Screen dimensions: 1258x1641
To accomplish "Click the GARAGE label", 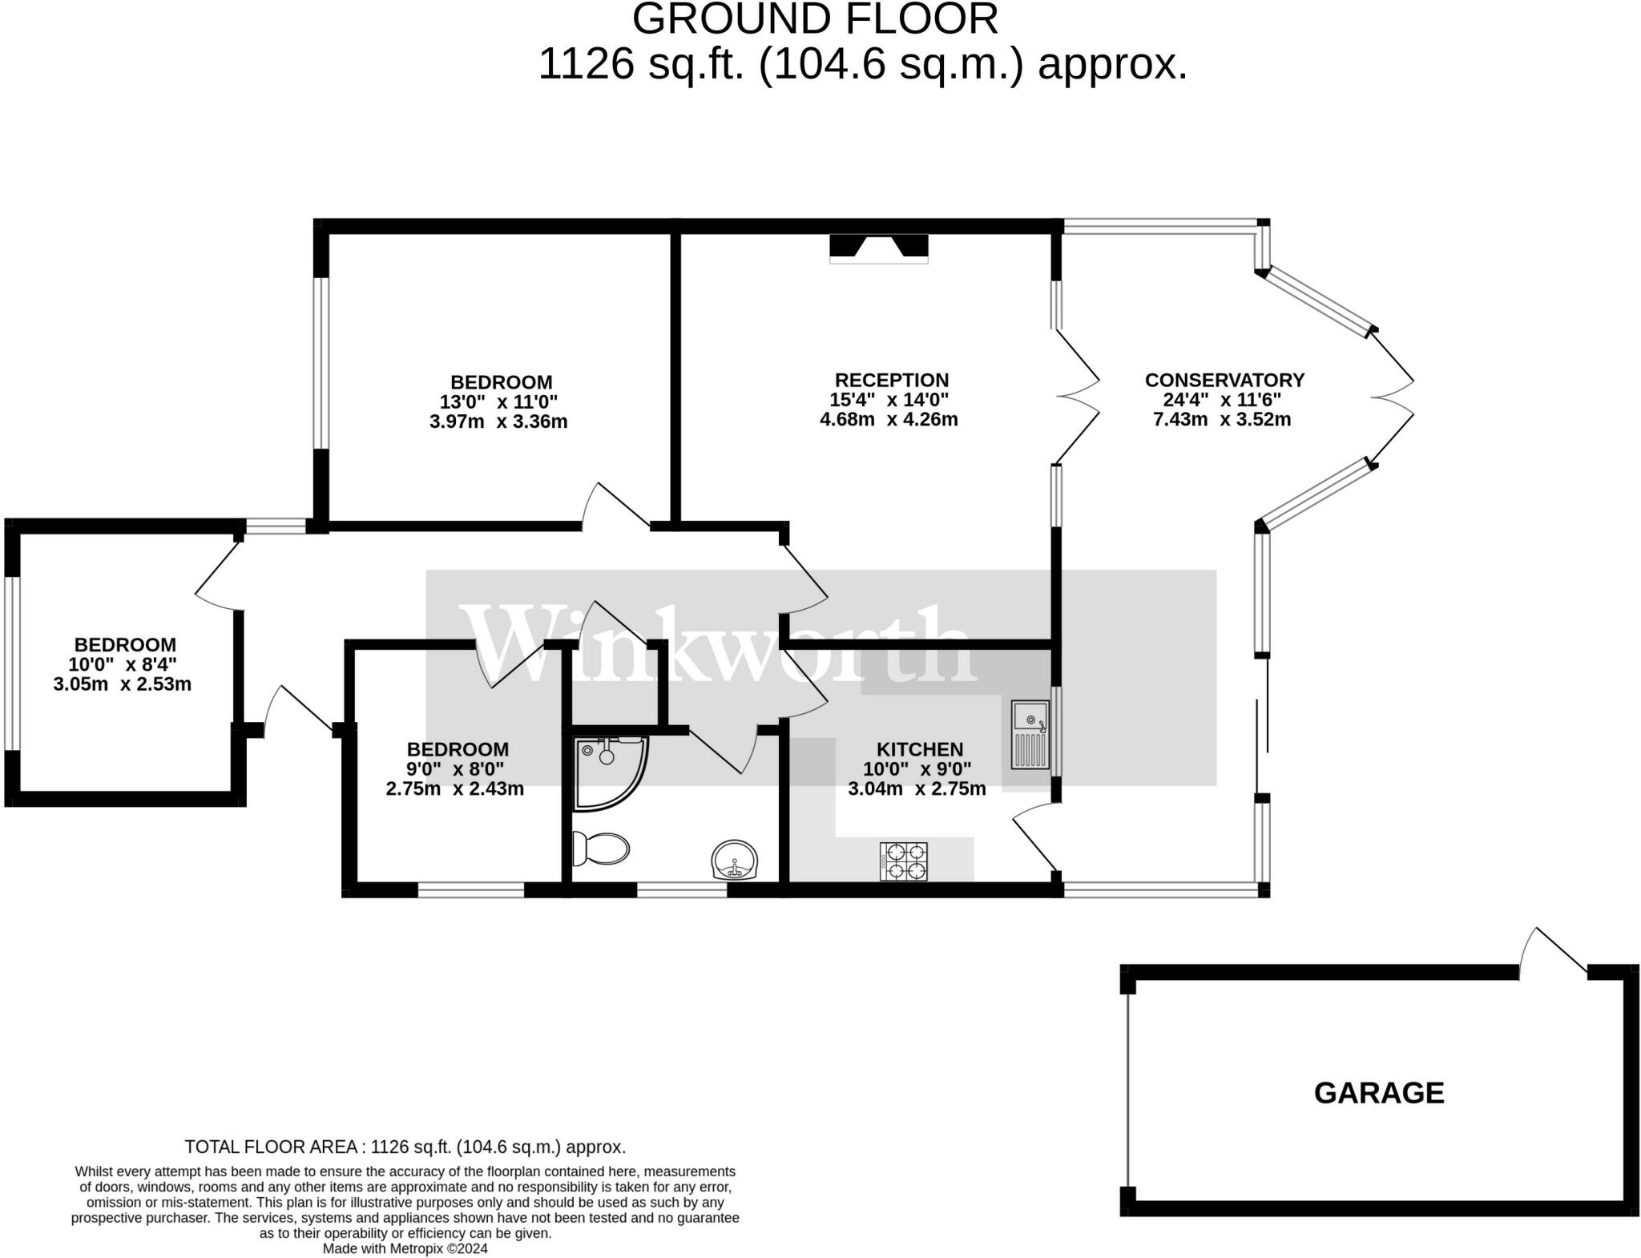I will (x=1378, y=1093).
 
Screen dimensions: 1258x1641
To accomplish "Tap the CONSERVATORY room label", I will (x=1224, y=380).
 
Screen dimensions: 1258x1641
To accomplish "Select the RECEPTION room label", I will (x=891, y=380).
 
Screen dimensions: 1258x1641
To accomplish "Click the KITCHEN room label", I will (x=919, y=749).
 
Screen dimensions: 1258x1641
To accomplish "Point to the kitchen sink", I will (x=1030, y=735).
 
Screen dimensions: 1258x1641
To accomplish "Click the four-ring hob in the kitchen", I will (x=904, y=861).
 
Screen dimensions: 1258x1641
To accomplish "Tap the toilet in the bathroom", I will (x=601, y=849).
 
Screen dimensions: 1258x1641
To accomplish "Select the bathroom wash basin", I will (x=734, y=861).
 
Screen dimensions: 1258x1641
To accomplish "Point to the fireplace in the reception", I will (x=878, y=248).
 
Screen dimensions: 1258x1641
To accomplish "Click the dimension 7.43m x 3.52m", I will (x=1221, y=419).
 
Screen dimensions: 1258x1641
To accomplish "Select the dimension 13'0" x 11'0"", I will (x=498, y=401).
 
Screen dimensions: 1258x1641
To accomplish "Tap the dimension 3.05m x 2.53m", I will (x=123, y=683).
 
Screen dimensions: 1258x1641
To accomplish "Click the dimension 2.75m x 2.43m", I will (x=455, y=788).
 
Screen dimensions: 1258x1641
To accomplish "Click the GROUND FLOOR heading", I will (x=815, y=19).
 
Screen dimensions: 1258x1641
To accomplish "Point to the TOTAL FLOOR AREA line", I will (x=405, y=1147).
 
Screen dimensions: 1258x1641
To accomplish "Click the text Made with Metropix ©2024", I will (x=405, y=1248).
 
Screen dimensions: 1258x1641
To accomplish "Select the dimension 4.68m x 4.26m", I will (x=889, y=419).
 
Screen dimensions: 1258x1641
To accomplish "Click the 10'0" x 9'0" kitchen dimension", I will (x=917, y=769).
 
